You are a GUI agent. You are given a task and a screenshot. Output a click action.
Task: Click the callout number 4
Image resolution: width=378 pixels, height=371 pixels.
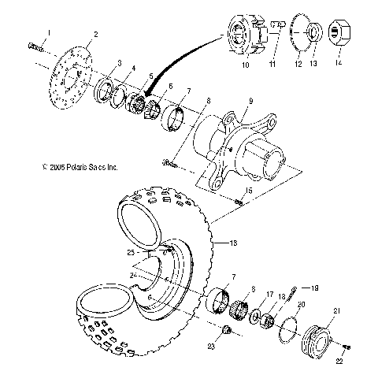(x=135, y=68)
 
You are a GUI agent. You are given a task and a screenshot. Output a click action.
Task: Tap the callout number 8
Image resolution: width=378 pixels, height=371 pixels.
(x=207, y=100)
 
